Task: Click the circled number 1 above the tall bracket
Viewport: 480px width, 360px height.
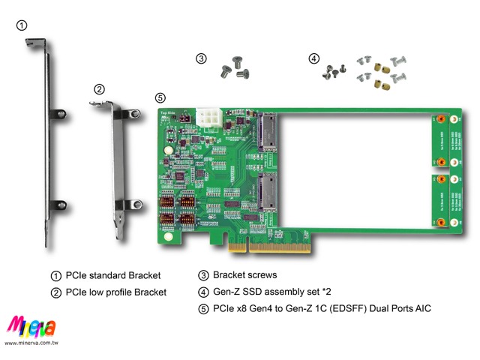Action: coord(22,25)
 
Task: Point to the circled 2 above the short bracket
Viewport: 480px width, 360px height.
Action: coord(99,88)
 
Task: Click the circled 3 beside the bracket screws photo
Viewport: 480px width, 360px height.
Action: coord(202,58)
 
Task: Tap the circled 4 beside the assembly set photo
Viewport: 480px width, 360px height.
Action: coord(313,58)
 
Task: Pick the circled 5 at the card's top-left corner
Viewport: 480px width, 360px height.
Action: coord(160,98)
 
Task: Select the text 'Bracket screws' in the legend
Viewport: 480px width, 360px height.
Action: coord(244,275)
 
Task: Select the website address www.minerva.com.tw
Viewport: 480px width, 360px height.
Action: coord(31,343)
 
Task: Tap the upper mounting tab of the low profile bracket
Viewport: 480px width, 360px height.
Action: coord(132,113)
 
